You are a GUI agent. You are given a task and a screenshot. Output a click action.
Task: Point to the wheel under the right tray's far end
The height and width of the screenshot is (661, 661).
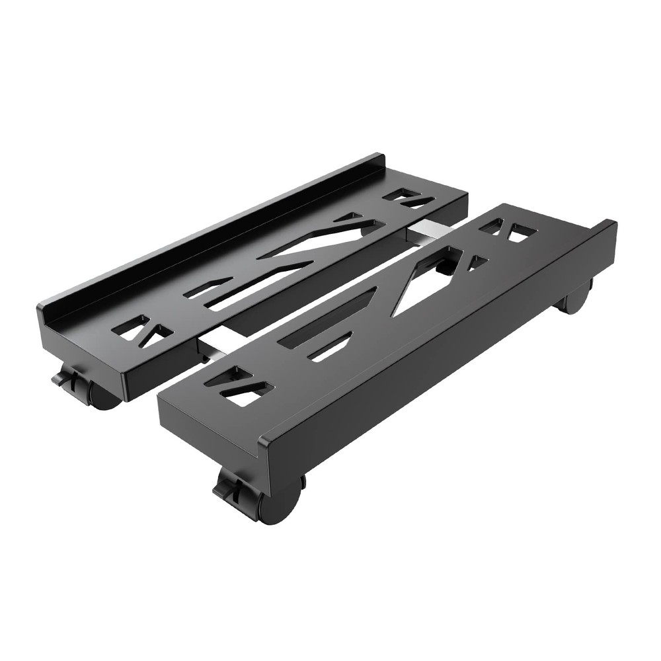576,299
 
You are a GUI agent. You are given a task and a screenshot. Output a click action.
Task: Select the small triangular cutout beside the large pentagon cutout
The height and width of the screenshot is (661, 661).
476,263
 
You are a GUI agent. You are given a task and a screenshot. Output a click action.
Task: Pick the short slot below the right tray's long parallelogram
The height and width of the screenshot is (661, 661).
330,348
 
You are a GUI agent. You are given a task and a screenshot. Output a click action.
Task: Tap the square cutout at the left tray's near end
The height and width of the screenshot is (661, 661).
131,327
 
